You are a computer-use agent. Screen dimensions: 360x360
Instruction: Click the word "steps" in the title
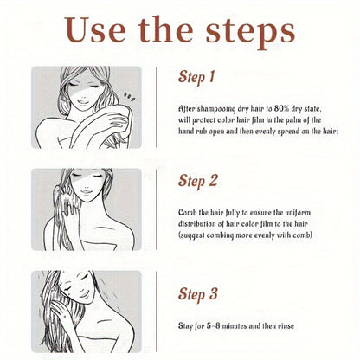coord(250,32)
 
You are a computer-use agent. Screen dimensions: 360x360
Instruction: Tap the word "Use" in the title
coord(95,30)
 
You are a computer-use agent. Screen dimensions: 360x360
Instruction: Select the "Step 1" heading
coord(196,77)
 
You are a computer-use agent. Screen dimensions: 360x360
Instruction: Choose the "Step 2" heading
coord(197,181)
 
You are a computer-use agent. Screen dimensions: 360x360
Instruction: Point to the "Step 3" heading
coord(197,294)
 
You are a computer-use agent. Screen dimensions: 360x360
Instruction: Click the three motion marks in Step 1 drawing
coord(129,97)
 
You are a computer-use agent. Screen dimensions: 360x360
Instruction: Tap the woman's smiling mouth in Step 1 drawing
coord(82,101)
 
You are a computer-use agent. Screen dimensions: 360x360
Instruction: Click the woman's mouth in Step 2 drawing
coord(86,192)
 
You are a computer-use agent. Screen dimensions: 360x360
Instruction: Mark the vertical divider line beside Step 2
coord(157,209)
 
